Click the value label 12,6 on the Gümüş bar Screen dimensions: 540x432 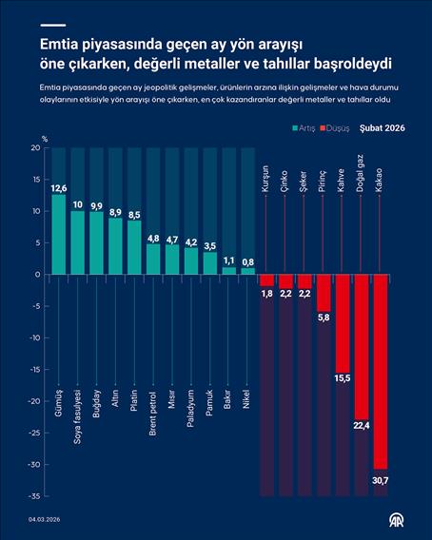click(x=59, y=188)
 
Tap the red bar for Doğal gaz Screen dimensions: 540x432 click(x=362, y=347)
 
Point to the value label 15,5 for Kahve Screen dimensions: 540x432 click(x=343, y=378)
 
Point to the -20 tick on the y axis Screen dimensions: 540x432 click(x=34, y=401)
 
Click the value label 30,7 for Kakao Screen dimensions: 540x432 click(x=381, y=479)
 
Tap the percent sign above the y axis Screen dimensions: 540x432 click(x=44, y=139)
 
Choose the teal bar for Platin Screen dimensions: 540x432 click(x=134, y=249)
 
